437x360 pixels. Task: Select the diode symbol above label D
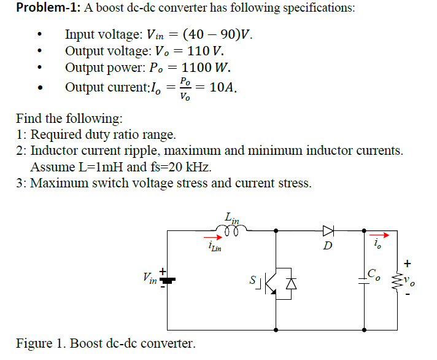(x=329, y=231)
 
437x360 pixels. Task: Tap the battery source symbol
(x=167, y=279)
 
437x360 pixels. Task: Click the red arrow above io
(x=378, y=235)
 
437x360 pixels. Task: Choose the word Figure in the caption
(x=34, y=343)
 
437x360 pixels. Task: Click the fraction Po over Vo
(x=186, y=88)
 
